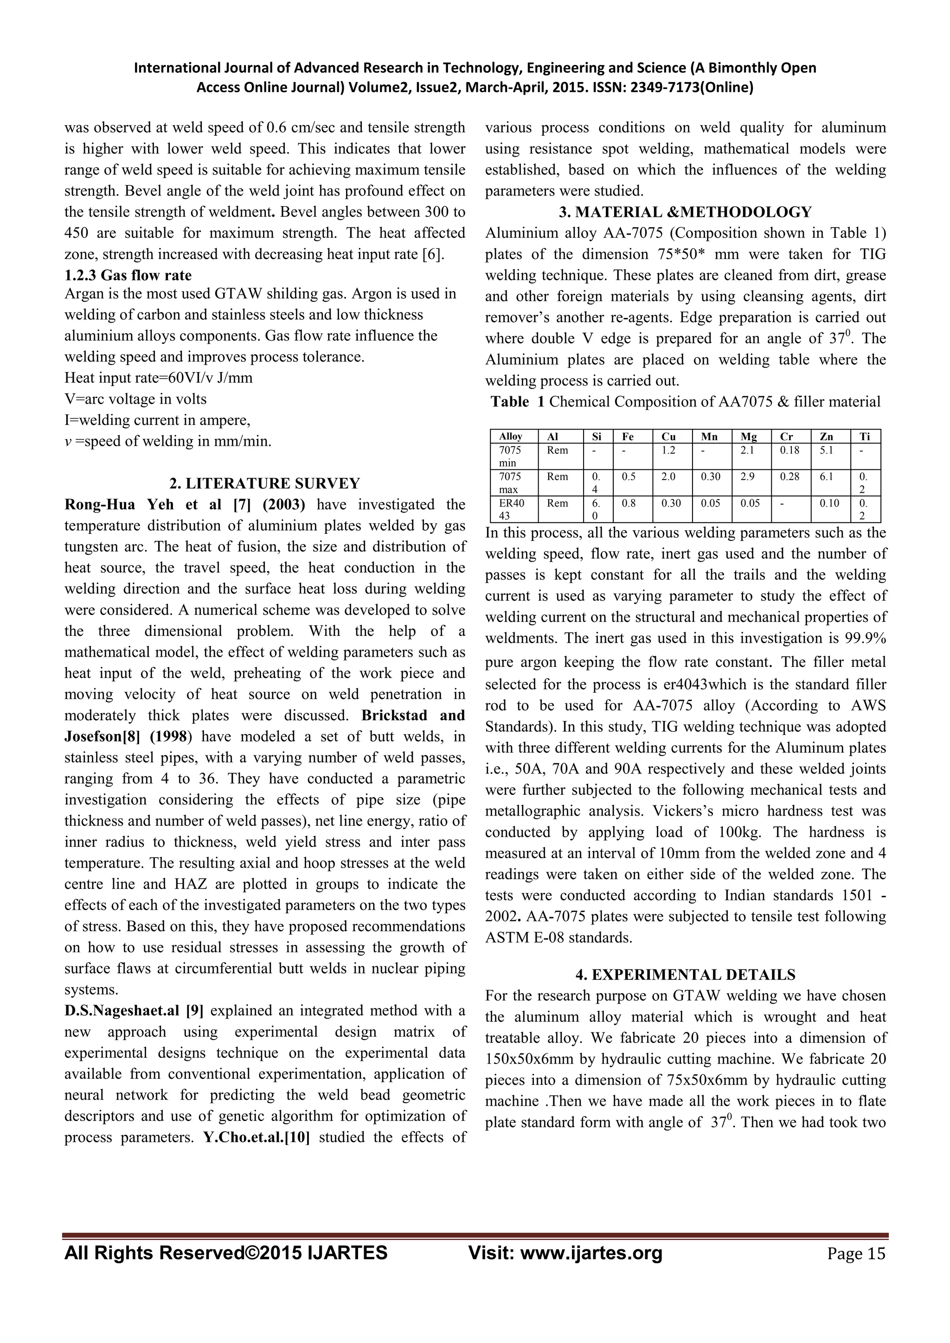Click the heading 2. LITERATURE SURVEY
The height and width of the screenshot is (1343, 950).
264,483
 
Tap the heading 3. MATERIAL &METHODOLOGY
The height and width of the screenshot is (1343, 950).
686,212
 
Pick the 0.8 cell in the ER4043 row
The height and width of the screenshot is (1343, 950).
629,503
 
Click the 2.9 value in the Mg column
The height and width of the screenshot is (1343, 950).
747,477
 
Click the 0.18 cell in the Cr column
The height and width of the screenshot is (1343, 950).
789,450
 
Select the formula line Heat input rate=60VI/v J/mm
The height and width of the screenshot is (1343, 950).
159,378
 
